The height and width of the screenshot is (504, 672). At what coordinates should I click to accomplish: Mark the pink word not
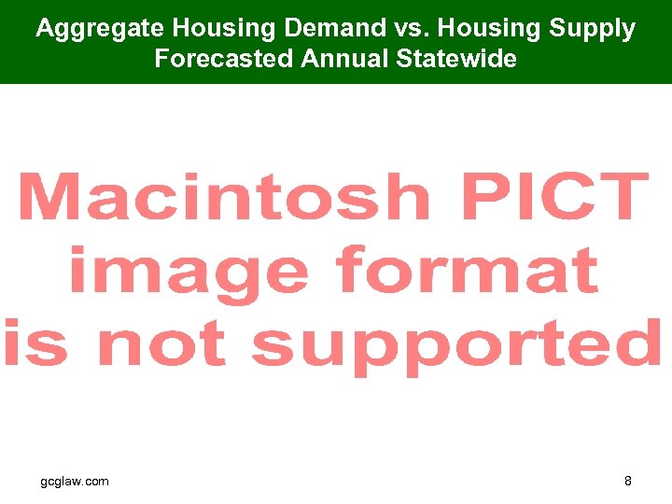[x=162, y=343]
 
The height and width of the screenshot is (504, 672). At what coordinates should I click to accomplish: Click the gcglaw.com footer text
[x=75, y=482]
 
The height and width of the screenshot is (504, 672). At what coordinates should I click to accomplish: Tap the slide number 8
[x=628, y=482]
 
